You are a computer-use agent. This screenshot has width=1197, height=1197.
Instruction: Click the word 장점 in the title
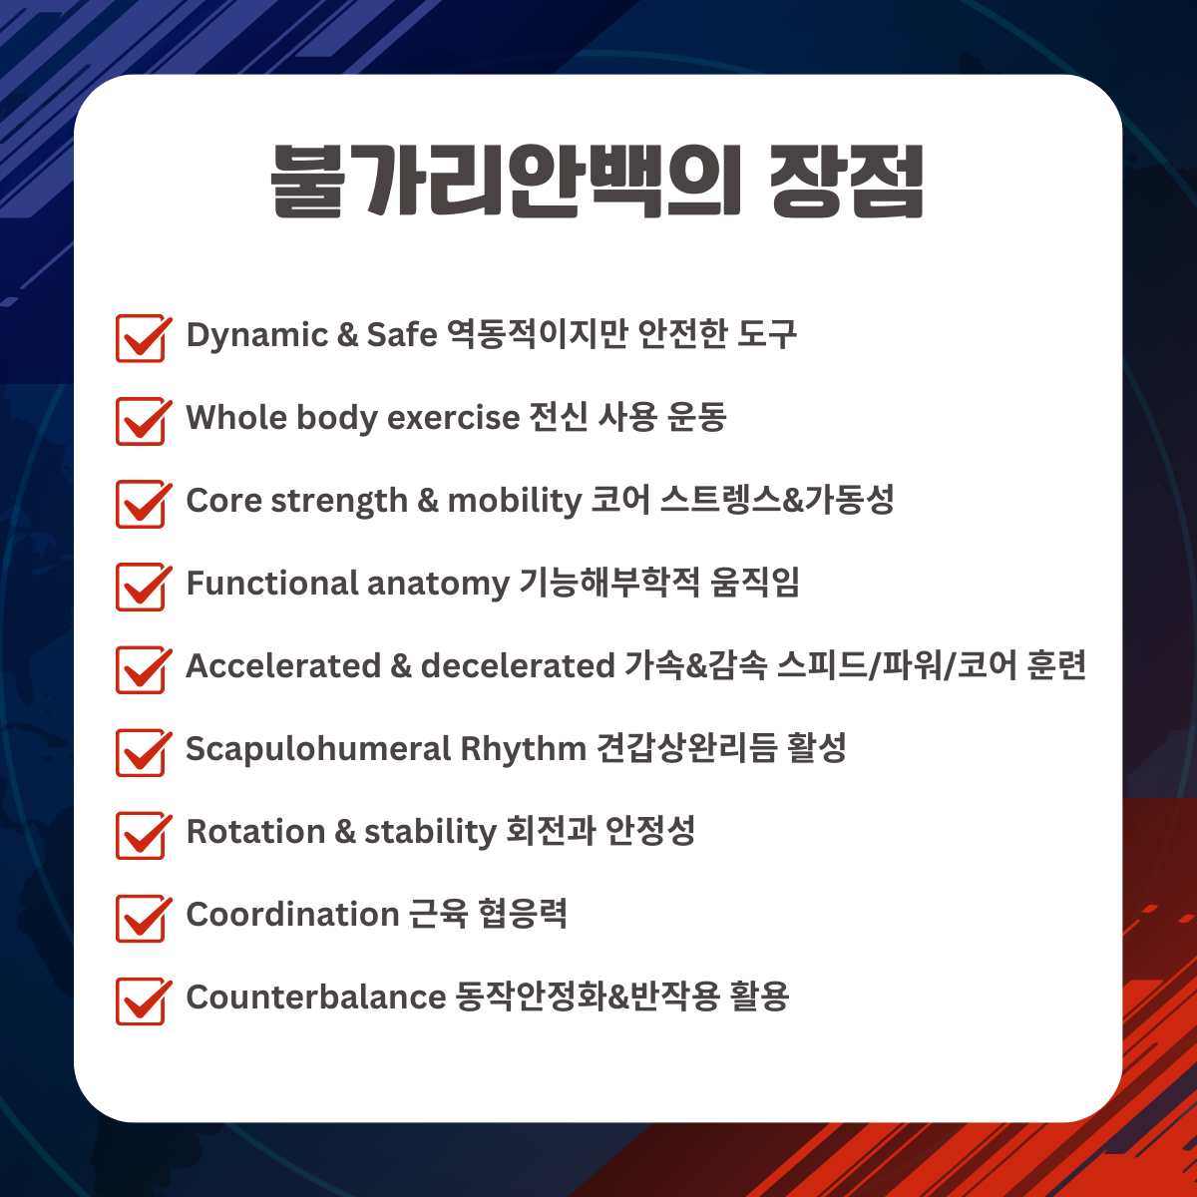tap(847, 182)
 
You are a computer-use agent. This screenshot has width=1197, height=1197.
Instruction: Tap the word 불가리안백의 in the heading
tap(506, 182)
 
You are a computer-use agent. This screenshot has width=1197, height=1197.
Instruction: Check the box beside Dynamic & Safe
tap(141, 338)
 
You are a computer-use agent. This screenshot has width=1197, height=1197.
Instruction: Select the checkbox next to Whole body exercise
tap(141, 421)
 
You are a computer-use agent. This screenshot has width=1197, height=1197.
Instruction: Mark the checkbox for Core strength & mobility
tap(141, 505)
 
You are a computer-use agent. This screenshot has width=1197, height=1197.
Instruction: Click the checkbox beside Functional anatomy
tap(141, 587)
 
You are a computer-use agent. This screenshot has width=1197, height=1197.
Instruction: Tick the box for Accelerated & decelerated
tap(141, 669)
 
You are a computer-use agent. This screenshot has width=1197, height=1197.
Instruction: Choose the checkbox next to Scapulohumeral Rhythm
tap(141, 753)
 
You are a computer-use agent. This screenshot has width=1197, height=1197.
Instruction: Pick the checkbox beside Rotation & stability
tap(141, 836)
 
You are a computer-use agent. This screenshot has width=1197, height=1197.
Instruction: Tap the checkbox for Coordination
tap(141, 919)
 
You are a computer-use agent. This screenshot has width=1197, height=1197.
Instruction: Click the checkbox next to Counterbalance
tap(141, 1001)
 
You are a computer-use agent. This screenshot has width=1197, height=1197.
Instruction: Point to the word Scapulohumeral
tap(318, 750)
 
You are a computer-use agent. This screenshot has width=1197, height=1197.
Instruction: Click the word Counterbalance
tap(316, 997)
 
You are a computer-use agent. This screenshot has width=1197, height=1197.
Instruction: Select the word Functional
tap(272, 583)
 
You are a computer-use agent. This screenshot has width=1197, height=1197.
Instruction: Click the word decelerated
tap(518, 665)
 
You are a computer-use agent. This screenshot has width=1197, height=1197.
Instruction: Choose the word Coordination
tap(292, 914)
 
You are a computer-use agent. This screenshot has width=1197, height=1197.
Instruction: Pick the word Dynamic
tap(257, 336)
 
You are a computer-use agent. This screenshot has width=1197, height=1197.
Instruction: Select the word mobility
tap(515, 502)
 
